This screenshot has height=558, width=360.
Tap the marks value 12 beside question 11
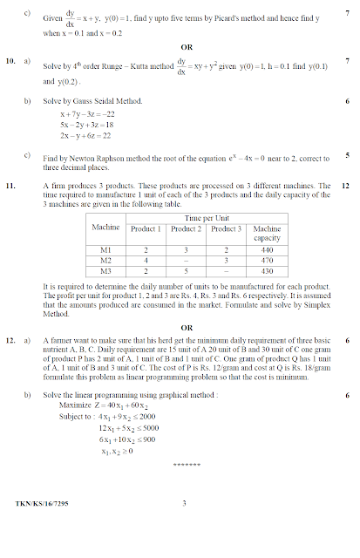coord(346,186)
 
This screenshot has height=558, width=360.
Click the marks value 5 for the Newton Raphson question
coord(347,156)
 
